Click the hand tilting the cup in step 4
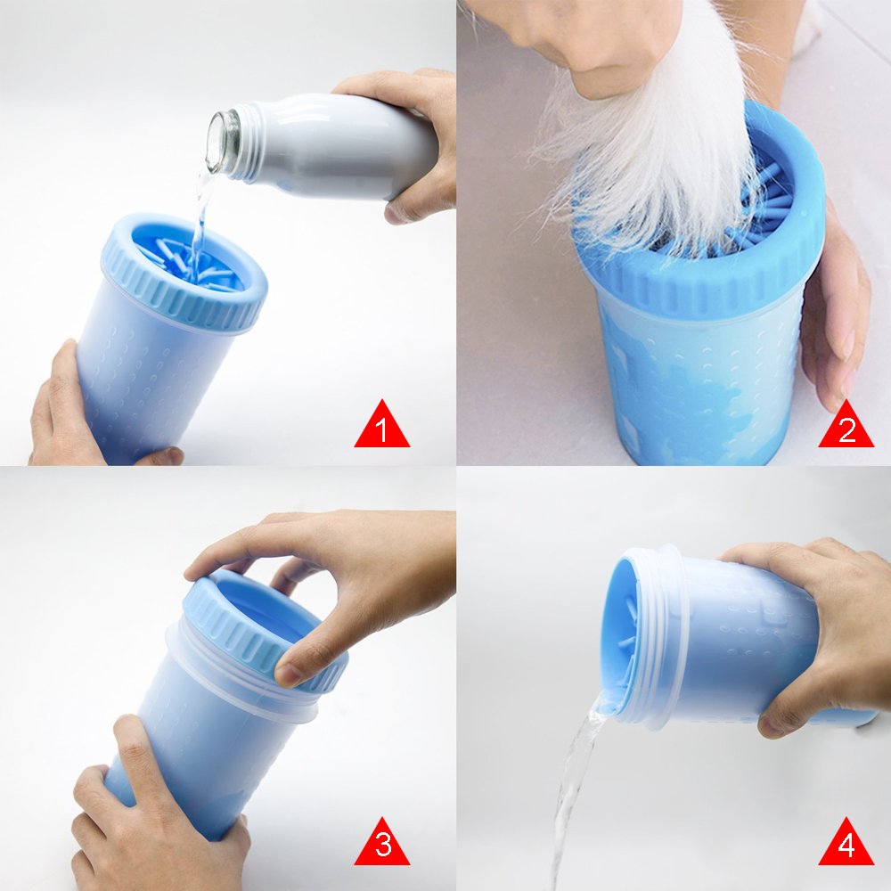(820, 624)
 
